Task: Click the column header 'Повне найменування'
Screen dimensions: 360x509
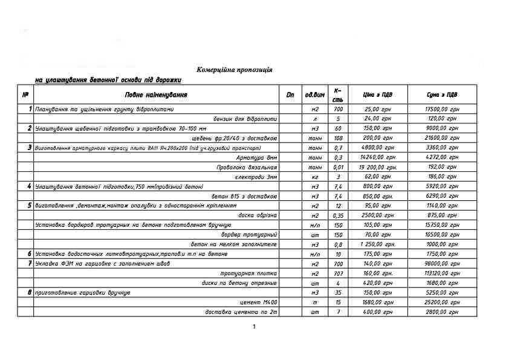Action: click(x=156, y=95)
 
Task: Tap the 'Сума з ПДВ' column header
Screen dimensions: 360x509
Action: click(x=441, y=95)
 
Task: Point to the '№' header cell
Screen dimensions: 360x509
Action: click(x=25, y=95)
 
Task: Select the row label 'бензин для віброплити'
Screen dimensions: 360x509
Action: click(x=245, y=119)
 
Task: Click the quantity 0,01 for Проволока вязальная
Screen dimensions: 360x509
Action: click(x=338, y=167)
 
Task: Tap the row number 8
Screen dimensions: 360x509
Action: click(x=29, y=292)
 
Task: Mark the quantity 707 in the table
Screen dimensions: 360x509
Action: click(x=338, y=273)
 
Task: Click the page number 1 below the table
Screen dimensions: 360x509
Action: click(x=254, y=327)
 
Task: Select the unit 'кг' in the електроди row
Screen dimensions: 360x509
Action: click(x=314, y=177)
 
